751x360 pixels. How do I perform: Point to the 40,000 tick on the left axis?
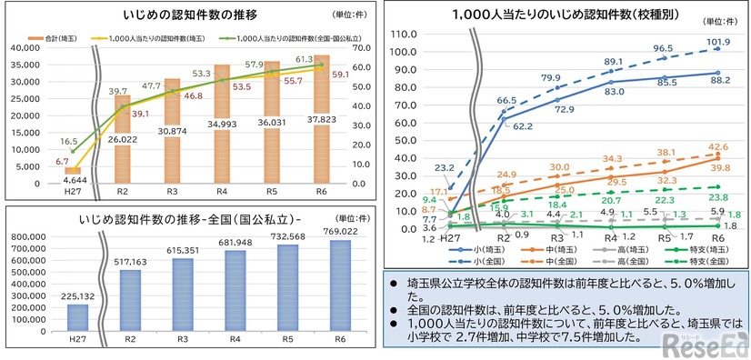(x=19, y=47)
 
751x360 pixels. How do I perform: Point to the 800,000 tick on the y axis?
(x=31, y=235)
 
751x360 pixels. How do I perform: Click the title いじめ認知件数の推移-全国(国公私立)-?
(x=172, y=218)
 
